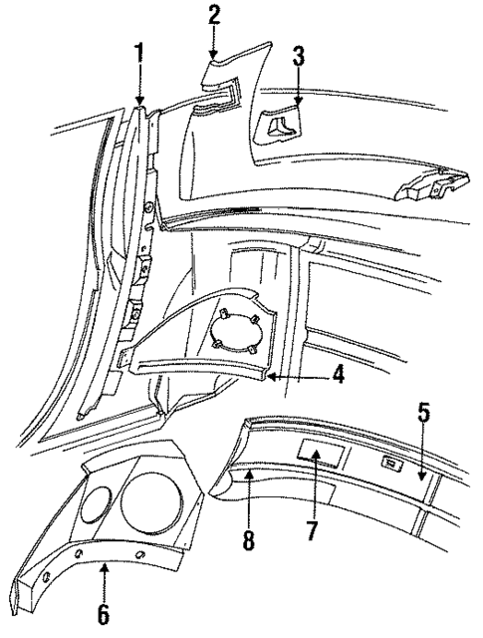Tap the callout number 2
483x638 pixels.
click(213, 15)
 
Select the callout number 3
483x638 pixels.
click(297, 56)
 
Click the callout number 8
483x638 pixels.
click(247, 539)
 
